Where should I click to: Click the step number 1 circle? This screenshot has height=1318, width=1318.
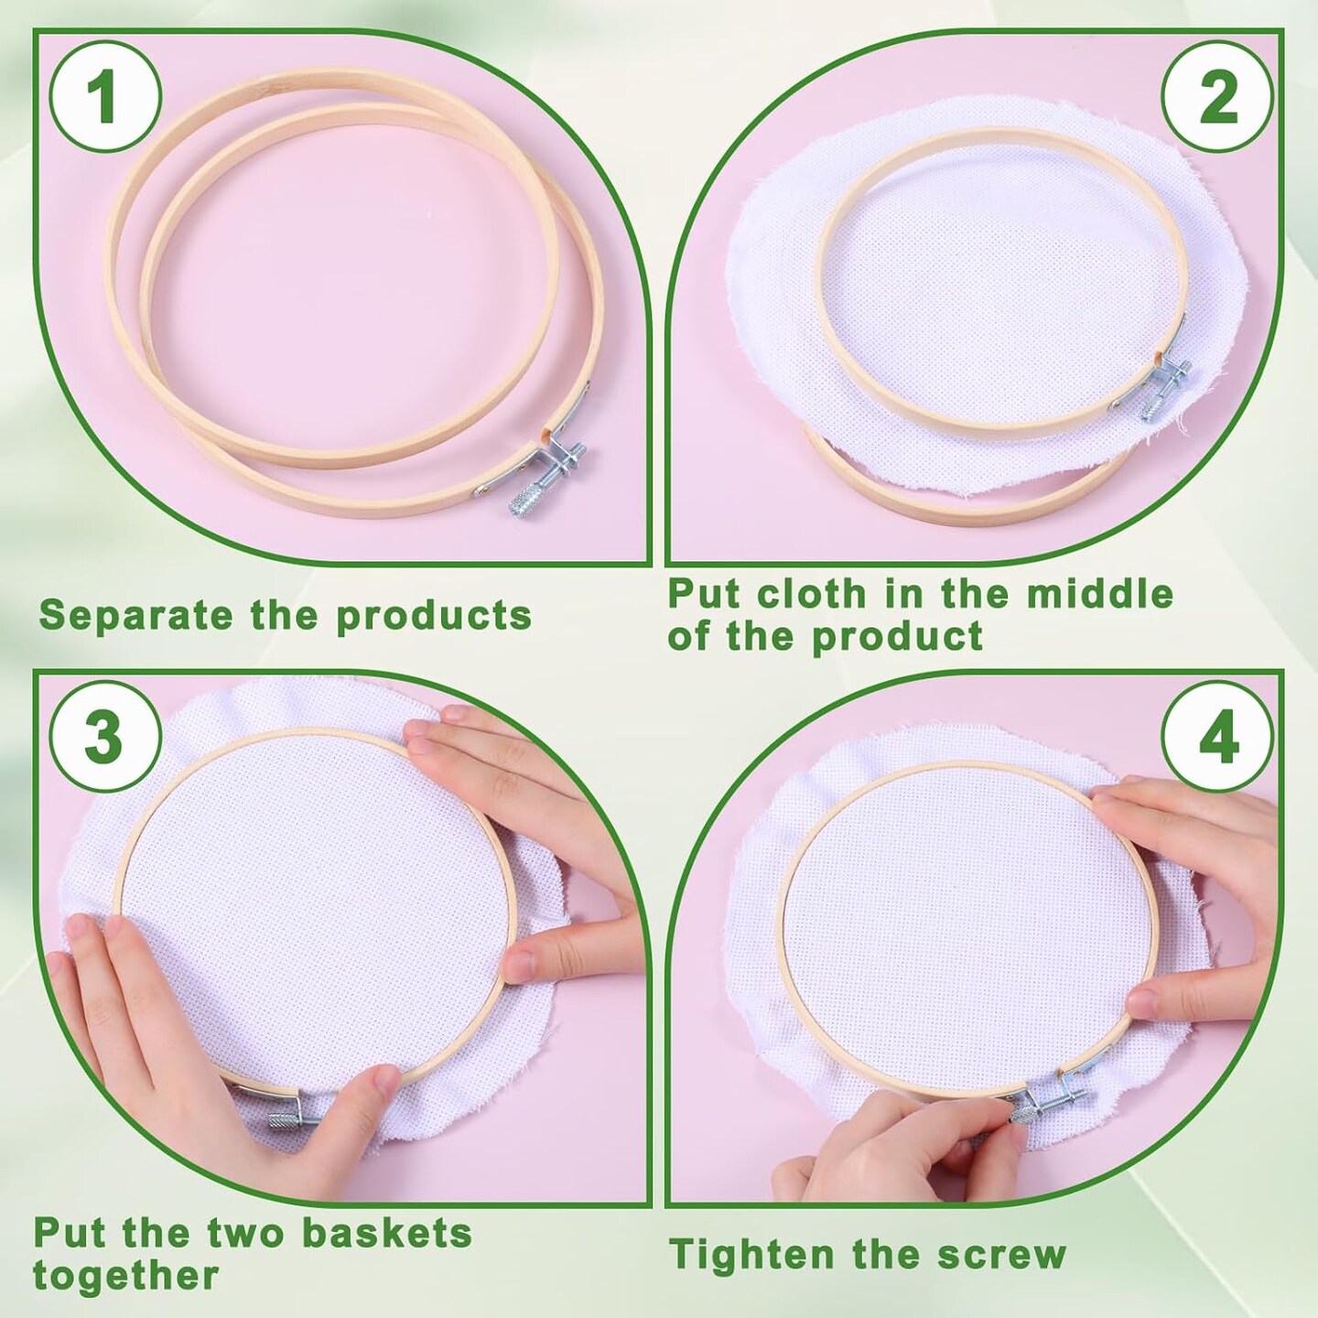pos(105,99)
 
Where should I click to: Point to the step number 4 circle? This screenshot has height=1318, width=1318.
pos(1218,740)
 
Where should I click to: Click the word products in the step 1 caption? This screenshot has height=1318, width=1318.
pos(434,617)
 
